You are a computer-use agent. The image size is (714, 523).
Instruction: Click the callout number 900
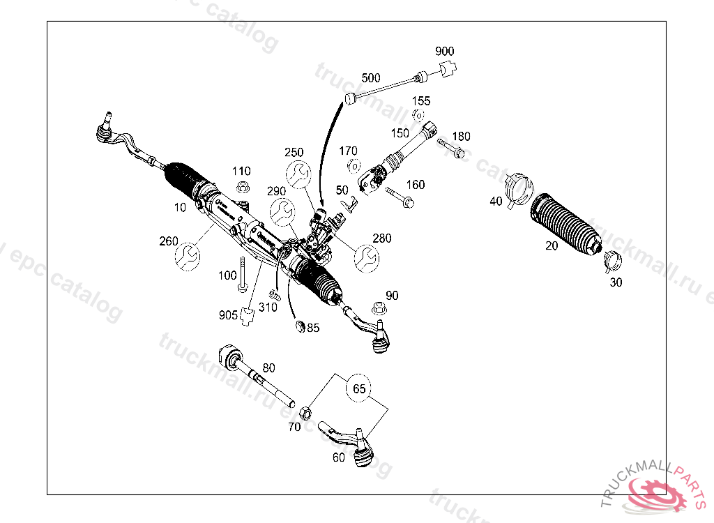click(444, 52)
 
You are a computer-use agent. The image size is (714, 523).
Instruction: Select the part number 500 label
click(371, 77)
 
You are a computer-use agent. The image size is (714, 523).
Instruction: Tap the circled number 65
click(359, 389)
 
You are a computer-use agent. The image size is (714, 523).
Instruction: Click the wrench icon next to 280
click(367, 258)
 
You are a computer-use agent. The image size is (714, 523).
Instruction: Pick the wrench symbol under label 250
click(298, 174)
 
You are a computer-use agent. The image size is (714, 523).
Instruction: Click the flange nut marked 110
click(243, 187)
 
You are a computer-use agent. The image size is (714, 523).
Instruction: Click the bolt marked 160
click(399, 197)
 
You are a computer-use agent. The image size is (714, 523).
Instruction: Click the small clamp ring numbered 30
click(611, 260)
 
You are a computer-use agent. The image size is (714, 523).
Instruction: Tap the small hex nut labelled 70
click(305, 411)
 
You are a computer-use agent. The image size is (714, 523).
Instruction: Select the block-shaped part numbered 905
click(246, 317)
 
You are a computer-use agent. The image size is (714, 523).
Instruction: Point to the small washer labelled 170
click(352, 165)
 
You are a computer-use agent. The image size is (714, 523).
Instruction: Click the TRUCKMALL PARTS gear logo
click(655, 492)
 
